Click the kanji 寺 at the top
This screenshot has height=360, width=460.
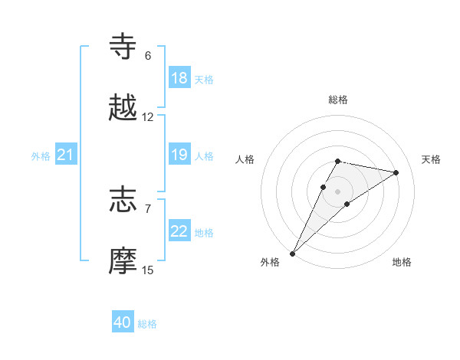tap(123, 47)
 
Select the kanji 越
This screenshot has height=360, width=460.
tap(123, 108)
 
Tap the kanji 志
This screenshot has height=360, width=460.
tap(123, 200)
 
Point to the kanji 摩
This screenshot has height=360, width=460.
tap(123, 261)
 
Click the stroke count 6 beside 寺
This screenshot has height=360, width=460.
tap(148, 56)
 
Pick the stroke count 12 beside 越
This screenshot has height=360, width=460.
tap(148, 117)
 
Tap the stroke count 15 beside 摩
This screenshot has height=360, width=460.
tap(148, 270)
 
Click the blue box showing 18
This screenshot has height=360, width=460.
tap(179, 78)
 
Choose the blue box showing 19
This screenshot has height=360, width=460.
tap(179, 155)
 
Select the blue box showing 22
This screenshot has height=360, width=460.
tap(179, 231)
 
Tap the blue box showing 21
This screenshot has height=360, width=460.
tap(66, 155)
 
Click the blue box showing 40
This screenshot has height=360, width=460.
tap(123, 323)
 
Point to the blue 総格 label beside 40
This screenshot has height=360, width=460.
tap(147, 324)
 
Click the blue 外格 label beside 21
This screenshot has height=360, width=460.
tap(41, 155)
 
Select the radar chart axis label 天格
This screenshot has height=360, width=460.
tap(431, 159)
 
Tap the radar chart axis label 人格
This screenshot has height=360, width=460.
tap(245, 159)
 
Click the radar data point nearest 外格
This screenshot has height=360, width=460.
tap(292, 253)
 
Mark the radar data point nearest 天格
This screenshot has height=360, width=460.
tap(396, 172)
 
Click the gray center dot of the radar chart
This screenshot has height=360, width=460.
tap(337, 191)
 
